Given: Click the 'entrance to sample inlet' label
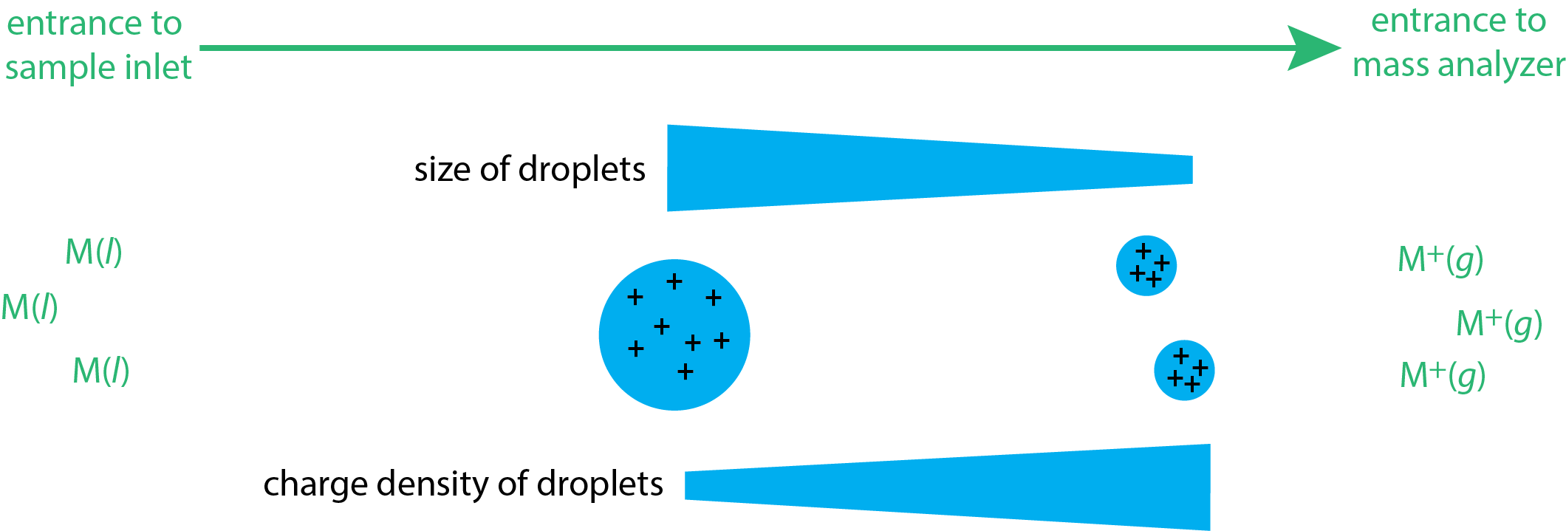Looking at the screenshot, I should [x=98, y=46].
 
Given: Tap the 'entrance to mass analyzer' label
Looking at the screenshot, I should [x=1458, y=43].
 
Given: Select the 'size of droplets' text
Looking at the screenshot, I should [x=530, y=169].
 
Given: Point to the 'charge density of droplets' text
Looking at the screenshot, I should [x=463, y=484].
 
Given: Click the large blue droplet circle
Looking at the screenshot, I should [x=674, y=335].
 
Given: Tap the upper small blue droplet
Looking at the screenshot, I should [x=1146, y=266].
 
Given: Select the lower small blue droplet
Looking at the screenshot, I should [x=1184, y=370].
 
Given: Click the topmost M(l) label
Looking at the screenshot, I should [x=94, y=252].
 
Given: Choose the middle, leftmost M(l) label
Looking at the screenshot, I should [x=30, y=307].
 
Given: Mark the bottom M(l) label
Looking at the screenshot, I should [x=101, y=371].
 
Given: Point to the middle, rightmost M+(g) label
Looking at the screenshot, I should [x=1499, y=324].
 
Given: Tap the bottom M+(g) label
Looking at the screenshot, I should [x=1443, y=376].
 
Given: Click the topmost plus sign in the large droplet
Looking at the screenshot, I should [x=674, y=281].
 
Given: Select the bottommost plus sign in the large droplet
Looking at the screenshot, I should [x=685, y=371].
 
